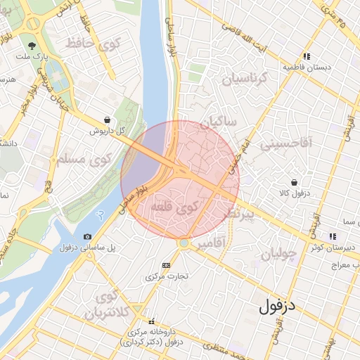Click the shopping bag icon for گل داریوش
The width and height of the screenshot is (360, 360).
point(106,120)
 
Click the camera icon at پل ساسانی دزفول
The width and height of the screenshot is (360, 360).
point(87,237)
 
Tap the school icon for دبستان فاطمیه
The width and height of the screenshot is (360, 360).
point(307,56)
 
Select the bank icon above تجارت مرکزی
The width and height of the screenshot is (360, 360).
point(166,265)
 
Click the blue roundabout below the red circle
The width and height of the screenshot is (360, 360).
point(184,243)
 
